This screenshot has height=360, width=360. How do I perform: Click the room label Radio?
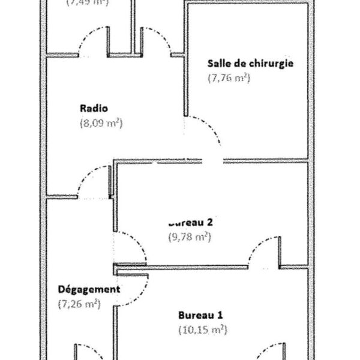click(x=93, y=109)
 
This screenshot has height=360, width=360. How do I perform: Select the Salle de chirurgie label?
click(x=250, y=63)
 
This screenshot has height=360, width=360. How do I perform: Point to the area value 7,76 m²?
click(x=229, y=77)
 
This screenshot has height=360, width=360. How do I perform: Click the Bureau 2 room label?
click(x=191, y=221)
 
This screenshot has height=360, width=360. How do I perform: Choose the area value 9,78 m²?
click(x=189, y=236)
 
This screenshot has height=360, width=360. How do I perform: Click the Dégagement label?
click(x=89, y=289)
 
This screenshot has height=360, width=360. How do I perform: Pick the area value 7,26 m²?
click(x=79, y=304)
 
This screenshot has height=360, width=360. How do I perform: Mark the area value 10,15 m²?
click(x=203, y=329)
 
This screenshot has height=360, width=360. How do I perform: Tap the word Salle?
click(x=218, y=63)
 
